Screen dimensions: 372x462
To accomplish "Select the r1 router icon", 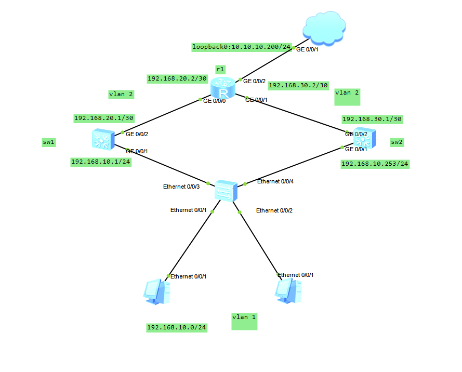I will tap(223, 88).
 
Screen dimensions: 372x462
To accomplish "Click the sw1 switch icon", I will tap(101, 139).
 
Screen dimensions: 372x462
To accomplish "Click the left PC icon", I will tap(156, 291).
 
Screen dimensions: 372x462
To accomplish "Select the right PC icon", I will tap(288, 290).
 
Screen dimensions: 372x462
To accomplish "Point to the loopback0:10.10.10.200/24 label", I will tap(242, 47).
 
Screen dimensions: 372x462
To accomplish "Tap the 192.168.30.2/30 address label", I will tap(299, 85).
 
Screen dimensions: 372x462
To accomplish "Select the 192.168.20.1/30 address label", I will tap(104, 118).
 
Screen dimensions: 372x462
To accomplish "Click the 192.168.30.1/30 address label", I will tap(372, 119).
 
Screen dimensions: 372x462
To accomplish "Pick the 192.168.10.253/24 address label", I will tap(375, 164).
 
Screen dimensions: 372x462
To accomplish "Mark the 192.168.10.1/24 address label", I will tap(101, 162).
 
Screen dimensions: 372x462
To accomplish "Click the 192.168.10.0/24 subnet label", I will tap(177, 327).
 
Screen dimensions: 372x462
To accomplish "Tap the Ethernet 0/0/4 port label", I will tap(279, 181).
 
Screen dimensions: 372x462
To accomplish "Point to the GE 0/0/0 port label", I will tap(215, 101).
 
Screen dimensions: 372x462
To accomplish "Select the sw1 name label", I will tap(49, 141).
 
